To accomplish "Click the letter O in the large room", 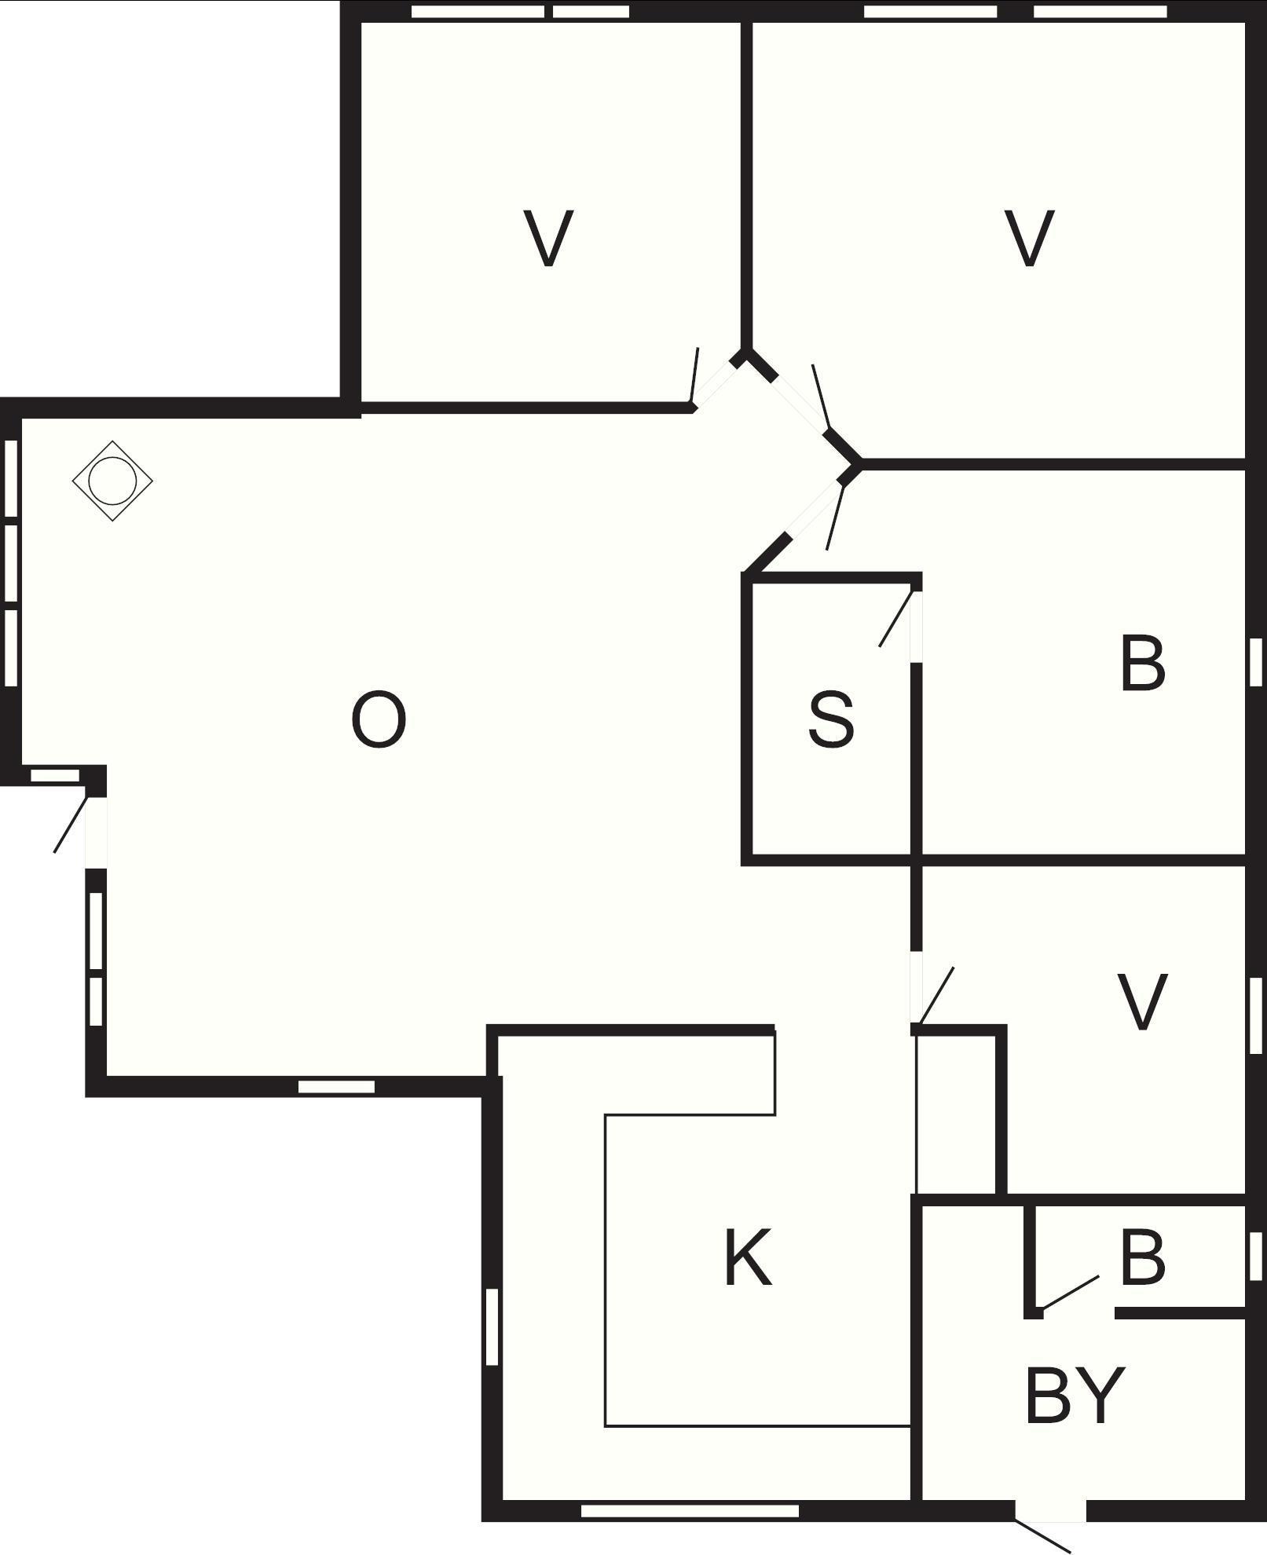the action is [x=378, y=719].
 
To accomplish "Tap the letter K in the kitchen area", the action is [x=748, y=1258].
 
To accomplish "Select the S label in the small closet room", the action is [x=831, y=719].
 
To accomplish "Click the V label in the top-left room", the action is [x=548, y=238].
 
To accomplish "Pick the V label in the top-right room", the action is [x=1029, y=238].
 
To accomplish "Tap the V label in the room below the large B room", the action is [x=1142, y=1001].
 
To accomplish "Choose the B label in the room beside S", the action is [x=1143, y=664].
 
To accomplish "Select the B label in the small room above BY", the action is [x=1143, y=1258].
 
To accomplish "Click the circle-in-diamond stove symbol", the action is [x=112, y=481].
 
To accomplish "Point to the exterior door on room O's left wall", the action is [x=71, y=824].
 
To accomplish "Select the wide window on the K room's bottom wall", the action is [x=690, y=1510].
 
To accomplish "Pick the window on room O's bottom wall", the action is [x=336, y=1087].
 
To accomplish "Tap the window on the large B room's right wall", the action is [x=1255, y=661].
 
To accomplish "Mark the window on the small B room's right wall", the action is [x=1255, y=1256].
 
